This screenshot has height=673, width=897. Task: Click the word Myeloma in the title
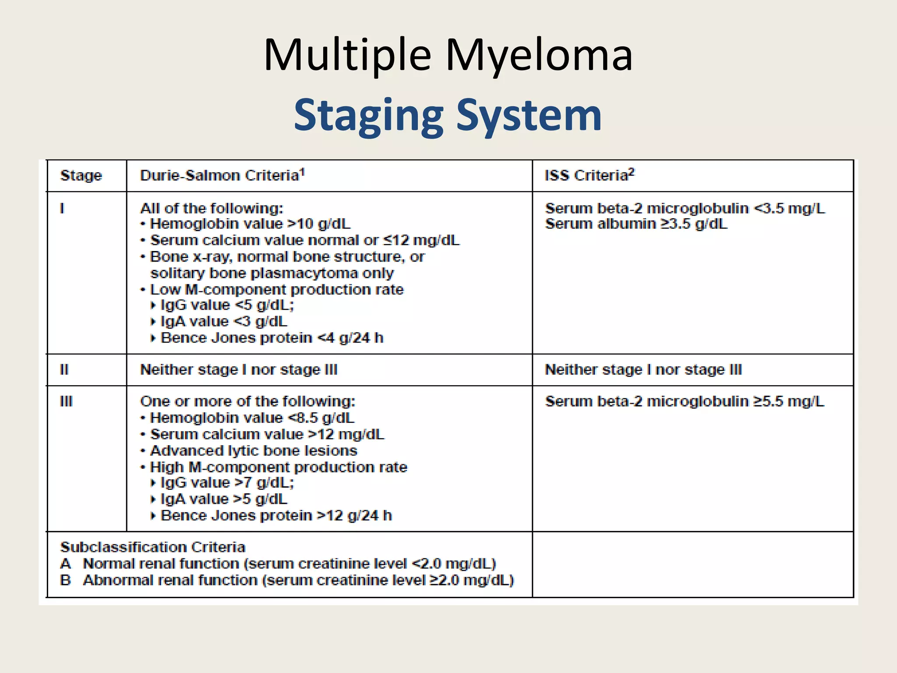(x=539, y=56)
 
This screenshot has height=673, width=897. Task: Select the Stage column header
(x=81, y=176)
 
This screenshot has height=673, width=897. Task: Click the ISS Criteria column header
(x=589, y=175)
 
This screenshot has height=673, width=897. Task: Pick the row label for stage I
(x=62, y=208)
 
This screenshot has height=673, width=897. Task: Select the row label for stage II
(x=64, y=370)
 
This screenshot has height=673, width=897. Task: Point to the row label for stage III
(x=66, y=401)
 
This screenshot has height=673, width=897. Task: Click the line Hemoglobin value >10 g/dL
(x=250, y=224)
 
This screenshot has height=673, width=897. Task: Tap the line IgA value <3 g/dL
(x=223, y=322)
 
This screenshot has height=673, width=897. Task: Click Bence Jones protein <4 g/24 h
(x=272, y=338)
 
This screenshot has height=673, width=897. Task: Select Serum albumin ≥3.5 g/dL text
(x=636, y=224)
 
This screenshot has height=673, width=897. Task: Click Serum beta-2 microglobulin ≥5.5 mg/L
(x=684, y=401)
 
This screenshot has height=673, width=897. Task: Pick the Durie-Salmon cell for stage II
(x=239, y=370)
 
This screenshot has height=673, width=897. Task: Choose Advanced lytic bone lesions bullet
(x=253, y=451)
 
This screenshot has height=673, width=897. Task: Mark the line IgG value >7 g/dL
(x=227, y=483)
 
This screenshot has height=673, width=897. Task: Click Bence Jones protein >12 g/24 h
(x=276, y=516)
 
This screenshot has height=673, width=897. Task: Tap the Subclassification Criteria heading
(x=152, y=547)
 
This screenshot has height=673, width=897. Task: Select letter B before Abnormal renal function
(x=66, y=580)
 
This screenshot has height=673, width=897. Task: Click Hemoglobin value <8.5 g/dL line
(x=252, y=418)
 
